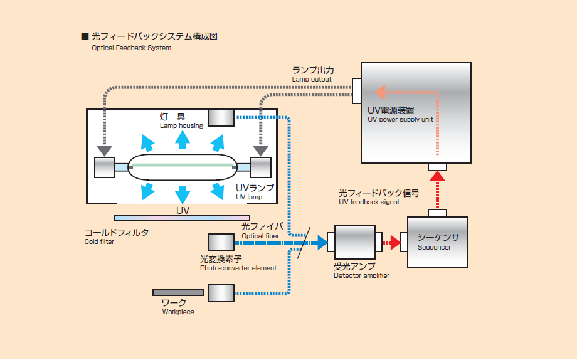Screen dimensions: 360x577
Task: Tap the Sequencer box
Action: point(437,242)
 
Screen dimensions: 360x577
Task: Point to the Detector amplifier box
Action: point(354,242)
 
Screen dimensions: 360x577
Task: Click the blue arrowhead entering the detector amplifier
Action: point(322,242)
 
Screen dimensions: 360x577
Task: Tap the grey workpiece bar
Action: point(178,292)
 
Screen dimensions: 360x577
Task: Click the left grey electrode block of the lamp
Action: point(104,167)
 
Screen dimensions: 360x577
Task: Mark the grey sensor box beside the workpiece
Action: point(221,293)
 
